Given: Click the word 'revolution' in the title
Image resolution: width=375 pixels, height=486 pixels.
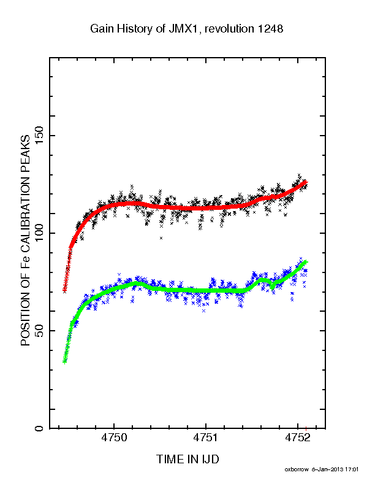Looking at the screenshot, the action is coord(229,29).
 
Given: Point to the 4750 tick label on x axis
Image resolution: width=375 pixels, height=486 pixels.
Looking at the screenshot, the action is coord(114,438).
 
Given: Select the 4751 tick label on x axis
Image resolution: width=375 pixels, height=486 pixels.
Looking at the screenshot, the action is coord(206,438).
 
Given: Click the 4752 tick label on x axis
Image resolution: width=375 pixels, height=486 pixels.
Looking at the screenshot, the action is coord(297,438).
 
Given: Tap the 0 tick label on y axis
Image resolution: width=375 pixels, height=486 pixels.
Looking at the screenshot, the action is coord(39,428).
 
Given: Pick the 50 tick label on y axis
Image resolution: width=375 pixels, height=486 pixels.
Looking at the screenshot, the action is coord(39,331).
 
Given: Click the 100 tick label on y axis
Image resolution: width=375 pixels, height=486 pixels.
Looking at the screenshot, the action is coord(39,233).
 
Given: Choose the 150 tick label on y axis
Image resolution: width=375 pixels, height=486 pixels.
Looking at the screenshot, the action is coord(39,136).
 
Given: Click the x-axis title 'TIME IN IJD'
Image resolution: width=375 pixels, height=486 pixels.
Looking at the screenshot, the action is coord(187,460).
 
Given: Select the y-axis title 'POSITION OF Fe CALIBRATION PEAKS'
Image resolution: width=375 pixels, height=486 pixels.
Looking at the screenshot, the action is coord(25,241).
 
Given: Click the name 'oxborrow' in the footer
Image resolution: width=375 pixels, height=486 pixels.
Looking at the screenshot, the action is coord(297,469).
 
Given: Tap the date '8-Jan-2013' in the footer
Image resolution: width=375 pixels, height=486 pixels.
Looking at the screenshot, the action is coord(327,469).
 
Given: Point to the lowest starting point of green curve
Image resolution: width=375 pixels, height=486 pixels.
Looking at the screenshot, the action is coord(64,361).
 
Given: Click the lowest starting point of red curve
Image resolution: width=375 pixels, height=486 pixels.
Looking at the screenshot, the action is coord(64,291).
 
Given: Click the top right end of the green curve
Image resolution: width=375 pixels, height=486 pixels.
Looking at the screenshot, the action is coord(306,262).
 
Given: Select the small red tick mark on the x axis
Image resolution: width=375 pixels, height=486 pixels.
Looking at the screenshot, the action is coord(306,429).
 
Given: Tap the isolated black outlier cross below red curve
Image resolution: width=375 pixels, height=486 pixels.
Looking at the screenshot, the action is coord(161,238).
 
